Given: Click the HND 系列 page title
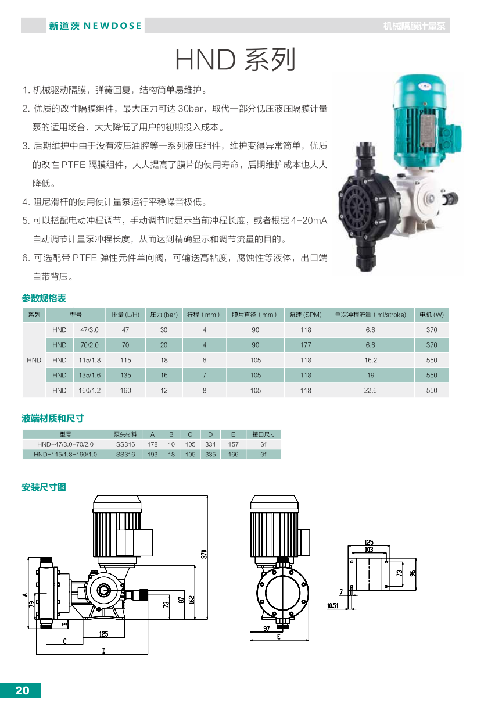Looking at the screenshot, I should [x=235, y=59].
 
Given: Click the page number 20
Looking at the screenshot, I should [x=22, y=690].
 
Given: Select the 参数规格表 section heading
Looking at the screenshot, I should [x=44, y=298].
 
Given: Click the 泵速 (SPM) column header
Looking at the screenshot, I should [x=306, y=315].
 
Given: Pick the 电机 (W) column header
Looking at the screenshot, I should [x=431, y=315].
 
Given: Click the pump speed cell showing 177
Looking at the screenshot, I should [x=306, y=345].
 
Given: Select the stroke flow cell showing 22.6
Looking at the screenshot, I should [x=370, y=390].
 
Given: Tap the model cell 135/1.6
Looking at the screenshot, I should [x=89, y=375].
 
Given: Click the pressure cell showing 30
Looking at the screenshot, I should [x=164, y=330].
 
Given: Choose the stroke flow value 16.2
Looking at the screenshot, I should [x=370, y=360].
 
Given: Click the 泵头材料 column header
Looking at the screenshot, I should [x=125, y=434].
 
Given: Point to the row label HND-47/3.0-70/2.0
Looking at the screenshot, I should [x=64, y=444].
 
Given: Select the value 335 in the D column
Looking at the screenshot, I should [x=210, y=454].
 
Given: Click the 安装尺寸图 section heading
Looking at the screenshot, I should [x=44, y=487].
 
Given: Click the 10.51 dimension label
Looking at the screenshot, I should [x=332, y=605].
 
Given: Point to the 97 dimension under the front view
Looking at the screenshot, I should [x=267, y=629].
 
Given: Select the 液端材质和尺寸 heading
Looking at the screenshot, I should [x=53, y=418].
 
